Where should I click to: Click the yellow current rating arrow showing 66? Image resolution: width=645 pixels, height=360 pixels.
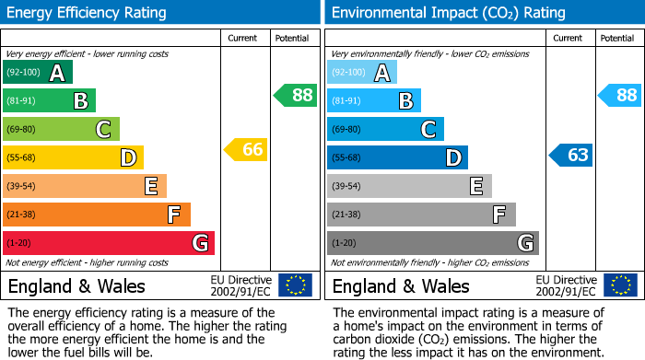pos(247,150)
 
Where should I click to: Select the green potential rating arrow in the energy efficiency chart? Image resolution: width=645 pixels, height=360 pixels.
pos(296,95)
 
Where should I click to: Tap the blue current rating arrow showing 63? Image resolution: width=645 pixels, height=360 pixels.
pos(572,155)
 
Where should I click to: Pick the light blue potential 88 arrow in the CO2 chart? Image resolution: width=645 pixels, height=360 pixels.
pos(621,95)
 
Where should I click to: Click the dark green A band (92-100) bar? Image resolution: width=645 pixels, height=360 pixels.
pos(38,73)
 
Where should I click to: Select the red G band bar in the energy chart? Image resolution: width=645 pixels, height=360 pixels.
pos(109,243)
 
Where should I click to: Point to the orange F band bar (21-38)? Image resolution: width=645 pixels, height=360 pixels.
pos(97,215)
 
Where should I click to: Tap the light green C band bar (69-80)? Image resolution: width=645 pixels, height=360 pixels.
pos(62,129)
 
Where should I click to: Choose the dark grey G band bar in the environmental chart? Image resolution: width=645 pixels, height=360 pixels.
pos(433,243)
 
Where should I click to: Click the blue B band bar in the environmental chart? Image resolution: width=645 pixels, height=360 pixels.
pos(374,100)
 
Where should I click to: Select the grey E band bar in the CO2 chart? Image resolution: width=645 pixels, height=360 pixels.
pos(409,186)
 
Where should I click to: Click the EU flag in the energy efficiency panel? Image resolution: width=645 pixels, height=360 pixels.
pos(296,285)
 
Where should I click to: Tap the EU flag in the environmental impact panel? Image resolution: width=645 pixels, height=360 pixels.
pos(620,285)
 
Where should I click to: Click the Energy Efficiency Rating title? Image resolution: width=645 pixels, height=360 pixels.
pos(88,13)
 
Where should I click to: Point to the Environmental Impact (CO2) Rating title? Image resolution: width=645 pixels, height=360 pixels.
pos(448,13)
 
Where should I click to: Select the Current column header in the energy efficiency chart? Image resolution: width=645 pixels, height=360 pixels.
pos(243,38)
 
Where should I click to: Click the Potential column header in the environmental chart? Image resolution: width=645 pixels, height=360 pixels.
pos(617,38)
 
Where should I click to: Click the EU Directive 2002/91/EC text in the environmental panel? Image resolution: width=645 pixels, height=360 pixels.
pos(565,285)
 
